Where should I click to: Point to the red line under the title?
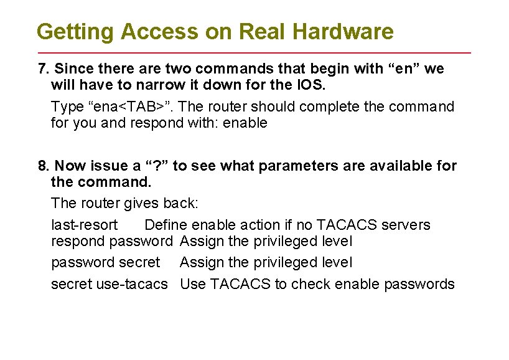pyautogui.click(x=254, y=52)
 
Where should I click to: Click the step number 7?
pyautogui.click(x=42, y=69)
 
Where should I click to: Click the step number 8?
pyautogui.click(x=42, y=166)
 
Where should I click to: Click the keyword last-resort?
pyautogui.click(x=84, y=225)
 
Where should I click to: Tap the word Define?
pyautogui.click(x=166, y=225)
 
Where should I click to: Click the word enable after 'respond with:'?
pyautogui.click(x=246, y=123)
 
